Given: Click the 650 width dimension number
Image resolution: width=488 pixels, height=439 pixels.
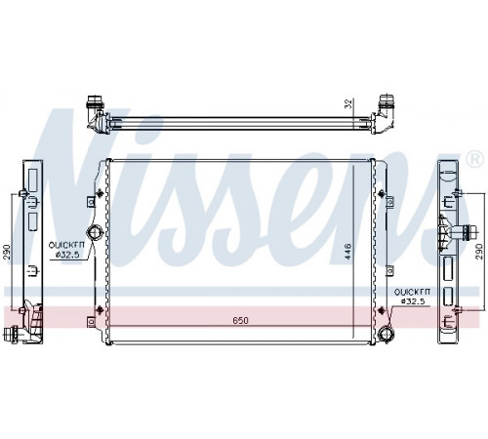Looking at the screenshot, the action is (x=240, y=320).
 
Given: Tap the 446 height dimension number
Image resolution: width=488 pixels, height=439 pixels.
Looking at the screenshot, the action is (x=347, y=251).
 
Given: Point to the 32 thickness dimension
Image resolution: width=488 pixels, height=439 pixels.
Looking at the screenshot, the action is (x=348, y=103).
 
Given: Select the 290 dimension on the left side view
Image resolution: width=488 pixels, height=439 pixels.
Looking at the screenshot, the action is (x=7, y=252).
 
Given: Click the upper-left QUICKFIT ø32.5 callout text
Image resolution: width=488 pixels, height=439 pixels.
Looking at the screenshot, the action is (x=66, y=250).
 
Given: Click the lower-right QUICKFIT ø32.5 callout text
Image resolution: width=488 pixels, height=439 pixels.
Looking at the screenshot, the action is (x=413, y=297).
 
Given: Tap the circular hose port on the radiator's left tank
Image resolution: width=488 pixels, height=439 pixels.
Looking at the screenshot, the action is (x=95, y=233).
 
